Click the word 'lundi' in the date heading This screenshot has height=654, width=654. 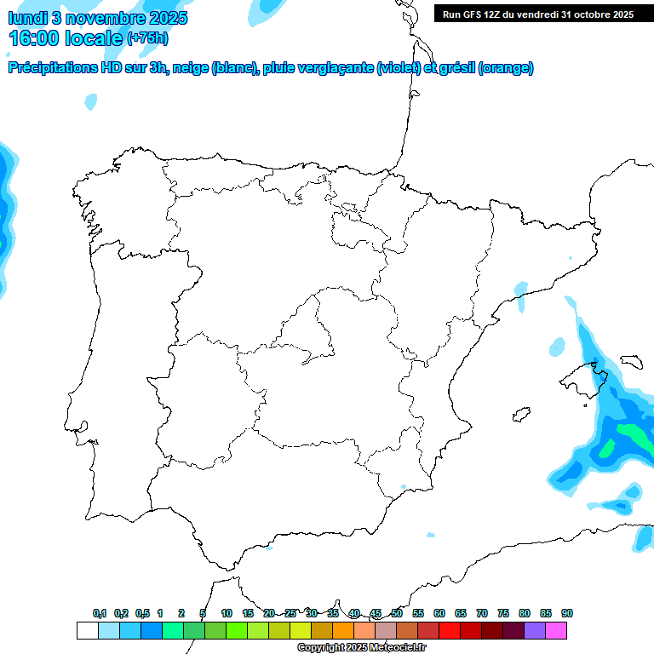click(26, 18)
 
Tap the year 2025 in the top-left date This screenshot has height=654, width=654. click(168, 18)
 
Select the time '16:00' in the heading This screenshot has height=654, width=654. click(33, 38)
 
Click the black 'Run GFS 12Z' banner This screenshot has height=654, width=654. click(537, 14)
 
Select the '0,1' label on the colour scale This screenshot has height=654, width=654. click(100, 614)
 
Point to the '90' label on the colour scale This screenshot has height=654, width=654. click(567, 614)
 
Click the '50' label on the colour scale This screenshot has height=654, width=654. click(397, 614)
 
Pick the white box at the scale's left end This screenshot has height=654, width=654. click(87, 630)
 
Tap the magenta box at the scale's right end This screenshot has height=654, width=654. click(556, 630)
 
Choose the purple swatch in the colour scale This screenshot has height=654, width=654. click(535, 630)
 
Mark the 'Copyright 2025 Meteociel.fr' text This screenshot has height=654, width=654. click(362, 648)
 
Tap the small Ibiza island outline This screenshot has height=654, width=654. click(520, 415)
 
